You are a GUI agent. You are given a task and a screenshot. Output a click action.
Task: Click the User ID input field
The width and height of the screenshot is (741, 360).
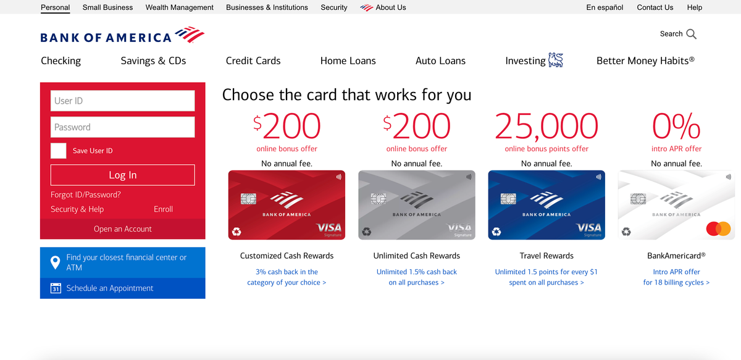pyautogui.click(x=122, y=101)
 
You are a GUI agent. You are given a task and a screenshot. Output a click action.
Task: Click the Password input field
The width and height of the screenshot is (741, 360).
pyautogui.click(x=122, y=127)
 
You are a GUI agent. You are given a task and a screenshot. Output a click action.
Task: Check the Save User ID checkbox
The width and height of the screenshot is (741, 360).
pyautogui.click(x=58, y=151)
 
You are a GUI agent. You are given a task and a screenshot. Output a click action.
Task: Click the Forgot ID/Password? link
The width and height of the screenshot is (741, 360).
pyautogui.click(x=85, y=195)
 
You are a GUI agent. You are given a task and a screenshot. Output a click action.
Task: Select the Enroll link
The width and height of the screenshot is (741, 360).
pyautogui.click(x=163, y=209)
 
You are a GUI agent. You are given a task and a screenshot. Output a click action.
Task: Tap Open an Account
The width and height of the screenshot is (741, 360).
pyautogui.click(x=122, y=228)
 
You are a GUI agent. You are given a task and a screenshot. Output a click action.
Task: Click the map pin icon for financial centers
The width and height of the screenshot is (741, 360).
pyautogui.click(x=55, y=262)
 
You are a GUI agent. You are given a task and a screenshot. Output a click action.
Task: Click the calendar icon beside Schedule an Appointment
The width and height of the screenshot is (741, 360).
pyautogui.click(x=56, y=288)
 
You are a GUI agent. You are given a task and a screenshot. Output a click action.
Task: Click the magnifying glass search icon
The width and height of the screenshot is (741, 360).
pyautogui.click(x=692, y=34)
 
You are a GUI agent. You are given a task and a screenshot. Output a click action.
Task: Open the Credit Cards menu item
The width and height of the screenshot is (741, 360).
pyautogui.click(x=253, y=61)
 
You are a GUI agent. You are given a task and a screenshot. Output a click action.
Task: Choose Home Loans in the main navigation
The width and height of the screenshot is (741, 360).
pyautogui.click(x=348, y=61)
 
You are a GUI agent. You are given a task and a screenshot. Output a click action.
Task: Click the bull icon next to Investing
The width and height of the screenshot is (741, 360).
pyautogui.click(x=555, y=60)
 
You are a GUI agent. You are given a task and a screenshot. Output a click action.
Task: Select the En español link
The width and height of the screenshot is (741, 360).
pyautogui.click(x=605, y=7)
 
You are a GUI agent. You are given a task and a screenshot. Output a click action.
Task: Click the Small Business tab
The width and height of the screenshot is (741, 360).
pyautogui.click(x=107, y=7)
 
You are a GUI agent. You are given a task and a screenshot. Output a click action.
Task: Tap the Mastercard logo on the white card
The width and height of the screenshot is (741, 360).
pyautogui.click(x=718, y=228)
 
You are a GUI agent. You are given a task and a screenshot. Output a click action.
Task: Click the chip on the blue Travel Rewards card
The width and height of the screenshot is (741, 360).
pyautogui.click(x=508, y=199)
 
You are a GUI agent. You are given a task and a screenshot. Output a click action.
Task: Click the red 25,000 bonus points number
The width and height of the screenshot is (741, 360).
pyautogui.click(x=546, y=127)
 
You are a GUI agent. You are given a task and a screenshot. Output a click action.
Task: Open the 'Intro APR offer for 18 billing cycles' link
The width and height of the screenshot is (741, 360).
pyautogui.click(x=676, y=277)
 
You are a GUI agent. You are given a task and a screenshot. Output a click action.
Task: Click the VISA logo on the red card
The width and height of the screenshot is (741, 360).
pyautogui.click(x=329, y=228)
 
